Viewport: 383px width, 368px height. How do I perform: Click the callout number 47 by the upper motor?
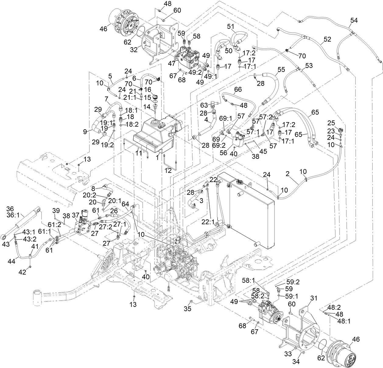[172, 63]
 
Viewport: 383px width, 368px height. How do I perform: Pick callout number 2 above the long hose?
[287, 174]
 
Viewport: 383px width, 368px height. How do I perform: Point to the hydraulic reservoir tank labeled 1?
[155, 134]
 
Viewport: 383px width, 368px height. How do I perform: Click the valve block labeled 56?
[240, 139]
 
